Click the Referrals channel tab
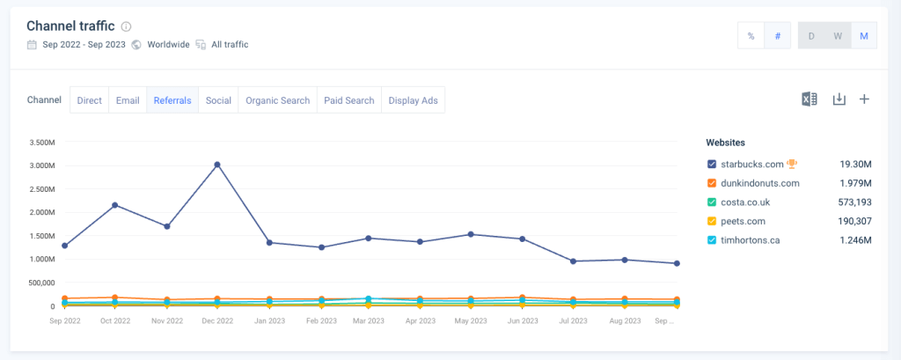pyautogui.click(x=172, y=100)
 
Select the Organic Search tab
pyautogui.click(x=277, y=100)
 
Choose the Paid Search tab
pyautogui.click(x=348, y=100)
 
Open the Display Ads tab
pyautogui.click(x=413, y=100)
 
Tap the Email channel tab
pyautogui.click(x=128, y=100)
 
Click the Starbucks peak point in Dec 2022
pyautogui.click(x=217, y=165)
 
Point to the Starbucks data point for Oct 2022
pyautogui.click(x=115, y=205)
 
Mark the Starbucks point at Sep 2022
pyautogui.click(x=64, y=246)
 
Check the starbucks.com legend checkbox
pyautogui.click(x=712, y=164)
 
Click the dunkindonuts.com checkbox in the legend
pyautogui.click(x=712, y=183)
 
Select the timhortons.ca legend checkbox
pyautogui.click(x=712, y=240)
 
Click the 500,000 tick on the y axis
pyautogui.click(x=40, y=283)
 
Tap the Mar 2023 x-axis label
pyautogui.click(x=370, y=321)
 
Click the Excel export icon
pyautogui.click(x=809, y=99)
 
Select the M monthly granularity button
pyautogui.click(x=864, y=36)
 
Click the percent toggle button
pyautogui.click(x=751, y=36)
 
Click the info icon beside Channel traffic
pyautogui.click(x=127, y=26)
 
